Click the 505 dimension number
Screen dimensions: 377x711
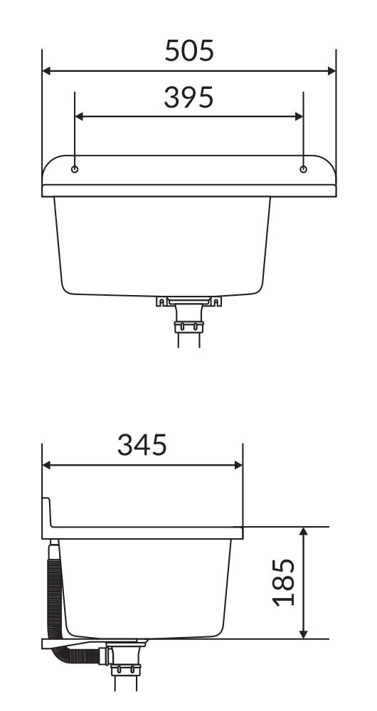[x=188, y=50]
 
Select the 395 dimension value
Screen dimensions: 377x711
[x=188, y=97]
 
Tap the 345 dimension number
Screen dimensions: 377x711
[x=142, y=445]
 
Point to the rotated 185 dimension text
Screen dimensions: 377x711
[x=284, y=583]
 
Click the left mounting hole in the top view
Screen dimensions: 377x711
[x=75, y=169]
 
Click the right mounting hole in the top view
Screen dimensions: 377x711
[x=304, y=169]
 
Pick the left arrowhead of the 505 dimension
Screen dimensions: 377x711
[x=46, y=70]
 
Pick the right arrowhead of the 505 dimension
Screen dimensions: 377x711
[x=331, y=70]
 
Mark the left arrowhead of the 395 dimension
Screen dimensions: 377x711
[x=79, y=117]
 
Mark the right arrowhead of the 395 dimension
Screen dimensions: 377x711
[x=299, y=117]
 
